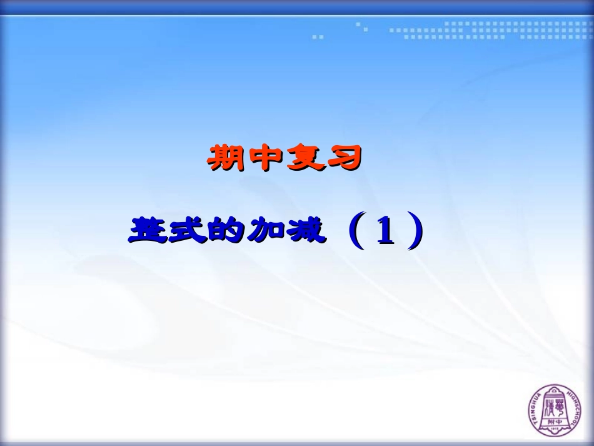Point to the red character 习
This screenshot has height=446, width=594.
343,158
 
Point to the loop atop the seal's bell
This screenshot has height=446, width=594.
555,392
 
